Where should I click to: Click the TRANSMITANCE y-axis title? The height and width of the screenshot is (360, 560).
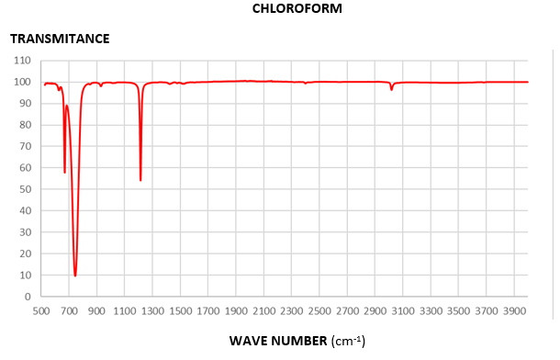pyautogui.click(x=60, y=39)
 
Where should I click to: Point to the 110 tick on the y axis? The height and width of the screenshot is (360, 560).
pyautogui.click(x=22, y=61)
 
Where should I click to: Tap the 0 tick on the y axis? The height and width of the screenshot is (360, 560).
pyautogui.click(x=28, y=297)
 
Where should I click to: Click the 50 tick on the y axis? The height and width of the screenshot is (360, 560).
pyautogui.click(x=25, y=189)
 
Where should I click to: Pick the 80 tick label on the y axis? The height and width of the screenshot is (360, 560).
pyautogui.click(x=25, y=125)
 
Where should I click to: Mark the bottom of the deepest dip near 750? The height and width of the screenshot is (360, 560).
pyautogui.click(x=75, y=276)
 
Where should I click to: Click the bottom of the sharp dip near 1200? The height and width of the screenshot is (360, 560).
pyautogui.click(x=140, y=180)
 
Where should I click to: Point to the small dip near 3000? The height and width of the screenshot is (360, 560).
pyautogui.click(x=392, y=89)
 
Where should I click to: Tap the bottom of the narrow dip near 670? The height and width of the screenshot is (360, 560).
pyautogui.click(x=64, y=172)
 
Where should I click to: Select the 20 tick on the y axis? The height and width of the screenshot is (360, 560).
pyautogui.click(x=25, y=253)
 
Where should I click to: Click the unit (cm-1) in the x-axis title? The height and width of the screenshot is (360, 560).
pyautogui.click(x=347, y=341)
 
